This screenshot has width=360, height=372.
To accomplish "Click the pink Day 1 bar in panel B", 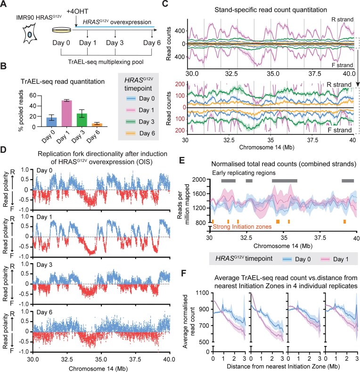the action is tap(66, 114).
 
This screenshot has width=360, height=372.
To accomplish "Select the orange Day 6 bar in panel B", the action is tap(97, 125).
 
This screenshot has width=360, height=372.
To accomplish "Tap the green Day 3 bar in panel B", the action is tap(82, 120).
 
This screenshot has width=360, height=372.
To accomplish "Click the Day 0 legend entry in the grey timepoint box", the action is tap(140, 99).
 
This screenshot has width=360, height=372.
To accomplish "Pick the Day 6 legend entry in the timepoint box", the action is tap(140, 133).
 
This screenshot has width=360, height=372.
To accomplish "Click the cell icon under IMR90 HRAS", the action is tap(30, 33).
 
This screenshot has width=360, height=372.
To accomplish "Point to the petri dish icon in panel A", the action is tap(61, 30).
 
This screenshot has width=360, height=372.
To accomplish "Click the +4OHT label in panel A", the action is tap(77, 11).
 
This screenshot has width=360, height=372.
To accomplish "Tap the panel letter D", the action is tap(3, 150).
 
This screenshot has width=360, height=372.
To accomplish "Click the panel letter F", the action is tap(184, 273).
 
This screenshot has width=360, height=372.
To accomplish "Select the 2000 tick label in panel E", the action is tap(199, 180).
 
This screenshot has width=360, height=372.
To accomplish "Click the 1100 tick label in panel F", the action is tap(202, 293).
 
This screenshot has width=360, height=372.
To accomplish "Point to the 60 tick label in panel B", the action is tap(33, 95).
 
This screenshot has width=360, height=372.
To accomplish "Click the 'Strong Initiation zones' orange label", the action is tap(242, 227).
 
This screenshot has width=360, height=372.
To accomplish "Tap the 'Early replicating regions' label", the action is tap(244, 173).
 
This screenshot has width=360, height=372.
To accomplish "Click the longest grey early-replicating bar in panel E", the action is tap(285, 181).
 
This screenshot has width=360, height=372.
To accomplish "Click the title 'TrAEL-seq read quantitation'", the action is tap(63, 82).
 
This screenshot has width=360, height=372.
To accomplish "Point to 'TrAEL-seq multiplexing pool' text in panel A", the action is tap(106, 62).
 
